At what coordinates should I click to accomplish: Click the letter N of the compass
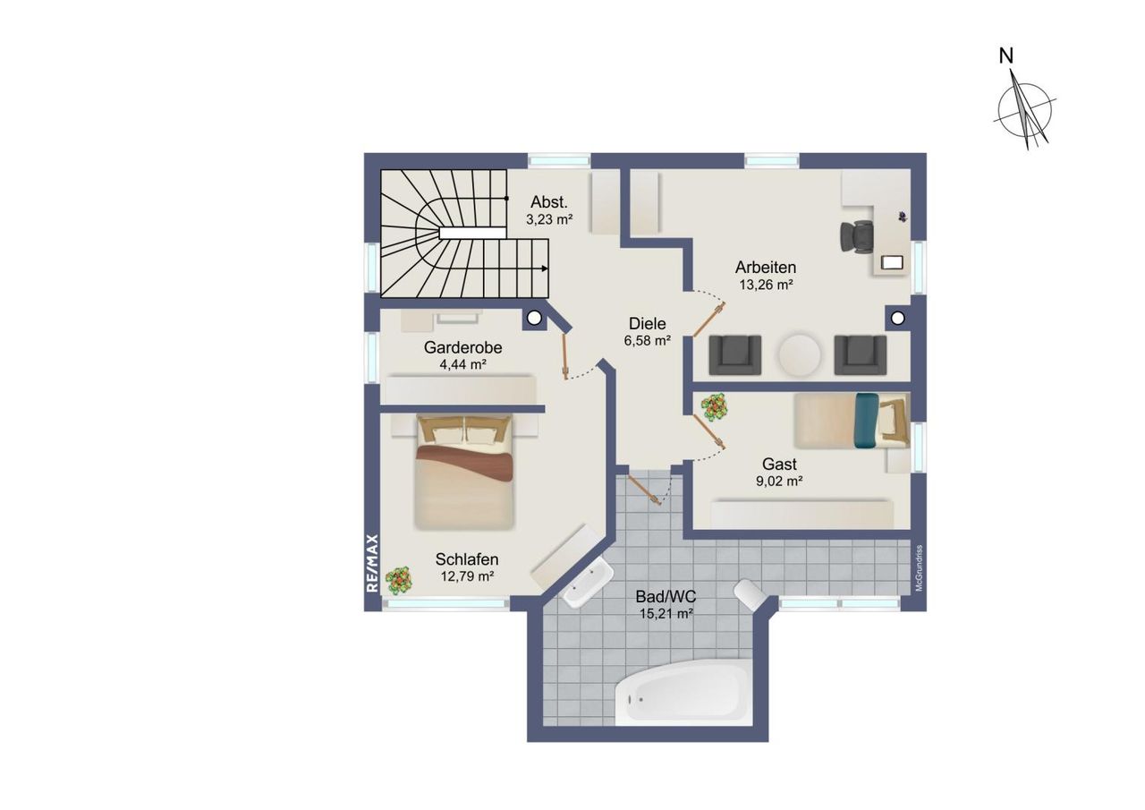(x=1006, y=56)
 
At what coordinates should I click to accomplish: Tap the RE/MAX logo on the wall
(x=372, y=563)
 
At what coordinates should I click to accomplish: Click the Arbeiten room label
(x=765, y=268)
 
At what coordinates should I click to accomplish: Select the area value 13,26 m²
(x=766, y=285)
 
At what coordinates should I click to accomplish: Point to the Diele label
(x=647, y=324)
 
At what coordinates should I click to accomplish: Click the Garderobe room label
(x=462, y=348)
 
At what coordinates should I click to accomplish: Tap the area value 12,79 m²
(x=467, y=576)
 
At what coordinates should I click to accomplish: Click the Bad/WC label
(x=666, y=596)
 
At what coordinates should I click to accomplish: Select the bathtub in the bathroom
(x=683, y=692)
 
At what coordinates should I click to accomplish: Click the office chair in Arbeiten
(x=857, y=236)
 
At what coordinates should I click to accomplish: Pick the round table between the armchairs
(x=800, y=354)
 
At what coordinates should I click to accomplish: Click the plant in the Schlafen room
(x=399, y=580)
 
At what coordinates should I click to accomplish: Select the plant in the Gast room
(x=714, y=407)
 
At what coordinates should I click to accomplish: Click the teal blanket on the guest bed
(x=867, y=421)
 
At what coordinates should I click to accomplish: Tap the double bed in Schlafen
(x=463, y=472)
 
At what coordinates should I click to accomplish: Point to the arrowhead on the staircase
(x=545, y=269)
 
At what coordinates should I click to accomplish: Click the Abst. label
(x=549, y=201)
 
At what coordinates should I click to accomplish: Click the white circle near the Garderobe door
(x=534, y=318)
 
